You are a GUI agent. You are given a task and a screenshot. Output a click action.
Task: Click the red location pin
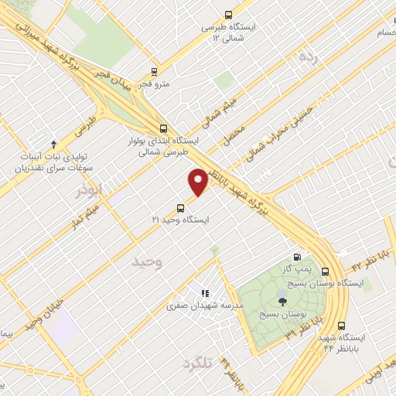click(x=198, y=181)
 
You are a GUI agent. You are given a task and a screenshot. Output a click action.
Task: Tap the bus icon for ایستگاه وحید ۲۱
click(x=181, y=207)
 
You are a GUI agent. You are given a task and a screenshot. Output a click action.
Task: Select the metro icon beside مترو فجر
click(x=143, y=82)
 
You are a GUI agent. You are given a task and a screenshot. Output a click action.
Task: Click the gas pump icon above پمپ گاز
click(x=297, y=258)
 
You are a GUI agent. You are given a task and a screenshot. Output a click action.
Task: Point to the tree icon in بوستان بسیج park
click(x=280, y=301)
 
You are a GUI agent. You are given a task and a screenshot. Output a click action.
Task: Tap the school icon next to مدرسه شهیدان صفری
click(x=204, y=293)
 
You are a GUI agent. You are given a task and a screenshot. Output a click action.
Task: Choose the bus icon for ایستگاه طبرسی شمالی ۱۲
click(x=227, y=15)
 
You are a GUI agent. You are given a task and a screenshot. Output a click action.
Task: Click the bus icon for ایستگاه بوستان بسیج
click(x=323, y=272)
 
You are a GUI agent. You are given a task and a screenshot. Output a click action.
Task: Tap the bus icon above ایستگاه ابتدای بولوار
click(x=162, y=129)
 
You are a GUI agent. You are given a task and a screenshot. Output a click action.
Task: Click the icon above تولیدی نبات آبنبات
click(x=53, y=145)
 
